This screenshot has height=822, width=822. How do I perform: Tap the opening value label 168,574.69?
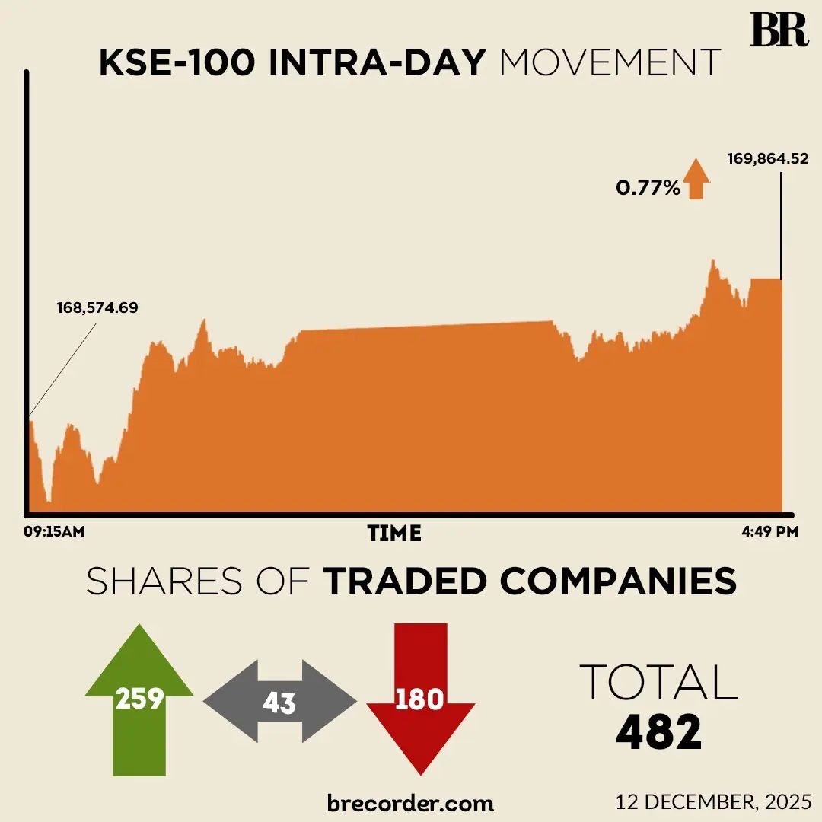click(x=97, y=308)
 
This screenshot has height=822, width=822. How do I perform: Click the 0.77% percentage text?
click(x=648, y=187)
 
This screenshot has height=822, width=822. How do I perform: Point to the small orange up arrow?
click(x=696, y=180)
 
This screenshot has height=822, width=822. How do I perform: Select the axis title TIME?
click(x=394, y=534)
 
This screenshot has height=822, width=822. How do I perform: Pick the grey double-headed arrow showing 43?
click(x=279, y=701)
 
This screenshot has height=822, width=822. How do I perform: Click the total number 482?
click(x=658, y=733)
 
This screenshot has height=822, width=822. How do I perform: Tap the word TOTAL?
click(x=658, y=682)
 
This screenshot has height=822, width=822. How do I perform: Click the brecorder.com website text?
click(x=410, y=802)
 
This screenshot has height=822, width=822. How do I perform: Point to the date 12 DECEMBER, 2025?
click(x=714, y=801)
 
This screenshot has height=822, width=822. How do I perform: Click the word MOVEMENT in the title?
click(x=610, y=63)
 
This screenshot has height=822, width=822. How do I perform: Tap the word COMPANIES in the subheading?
click(x=618, y=581)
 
